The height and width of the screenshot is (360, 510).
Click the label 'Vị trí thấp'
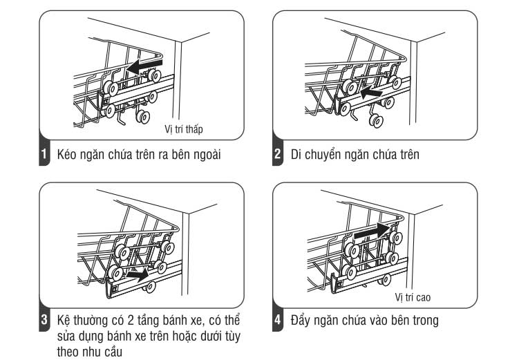point(183,129)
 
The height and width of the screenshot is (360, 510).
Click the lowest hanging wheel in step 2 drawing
point(376,122)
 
